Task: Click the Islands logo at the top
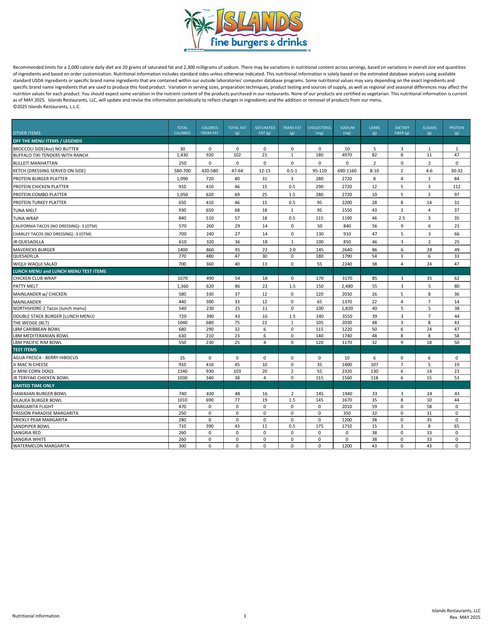247,30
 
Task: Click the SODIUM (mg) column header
347,130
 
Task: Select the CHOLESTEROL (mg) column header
319,130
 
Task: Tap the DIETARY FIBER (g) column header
402,130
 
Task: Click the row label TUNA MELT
25,210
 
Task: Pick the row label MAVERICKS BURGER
34,250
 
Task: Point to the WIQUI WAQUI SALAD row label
35,264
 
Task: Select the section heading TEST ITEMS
25,350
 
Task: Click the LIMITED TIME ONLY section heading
34,386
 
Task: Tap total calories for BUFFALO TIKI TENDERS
182,155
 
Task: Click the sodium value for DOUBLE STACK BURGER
347,316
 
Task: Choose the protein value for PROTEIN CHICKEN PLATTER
457,187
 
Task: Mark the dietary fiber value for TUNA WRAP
402,218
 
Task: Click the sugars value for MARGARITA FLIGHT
429,407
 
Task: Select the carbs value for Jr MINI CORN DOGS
374,371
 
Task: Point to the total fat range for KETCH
237,171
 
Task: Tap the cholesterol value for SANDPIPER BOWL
319,426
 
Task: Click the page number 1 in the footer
245,616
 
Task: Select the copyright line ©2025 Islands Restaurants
47,107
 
